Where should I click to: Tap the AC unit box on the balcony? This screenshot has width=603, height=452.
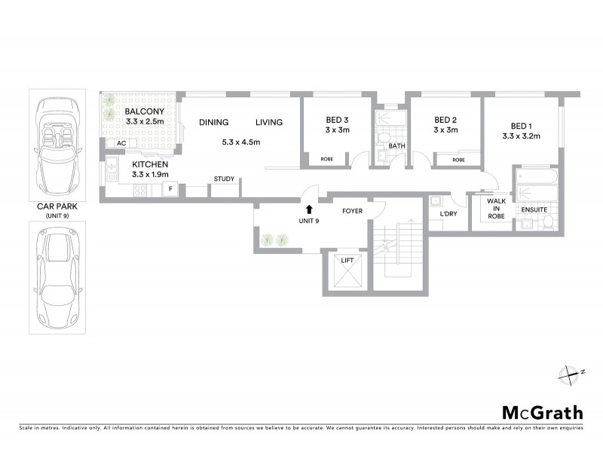point(121,143)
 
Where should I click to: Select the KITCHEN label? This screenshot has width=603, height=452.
point(150,164)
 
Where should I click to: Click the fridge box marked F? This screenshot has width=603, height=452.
point(170,188)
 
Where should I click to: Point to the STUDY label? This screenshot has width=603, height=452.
point(224,179)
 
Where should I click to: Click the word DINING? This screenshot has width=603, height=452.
point(214,123)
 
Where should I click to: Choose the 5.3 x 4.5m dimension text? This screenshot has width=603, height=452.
point(241,142)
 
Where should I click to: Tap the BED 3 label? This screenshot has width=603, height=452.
point(337,120)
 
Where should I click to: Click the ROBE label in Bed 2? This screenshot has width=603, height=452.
point(458,160)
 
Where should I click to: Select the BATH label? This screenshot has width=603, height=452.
point(396,145)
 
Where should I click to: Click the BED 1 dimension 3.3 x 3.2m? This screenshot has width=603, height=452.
point(522,136)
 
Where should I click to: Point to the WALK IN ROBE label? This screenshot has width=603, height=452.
point(495,209)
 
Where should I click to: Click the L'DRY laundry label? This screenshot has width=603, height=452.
point(450,215)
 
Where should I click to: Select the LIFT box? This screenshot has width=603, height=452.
point(347,273)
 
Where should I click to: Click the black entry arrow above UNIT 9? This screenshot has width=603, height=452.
point(308,210)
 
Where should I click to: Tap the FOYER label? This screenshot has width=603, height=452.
point(353,211)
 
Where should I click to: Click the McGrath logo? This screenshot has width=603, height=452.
point(542,412)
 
